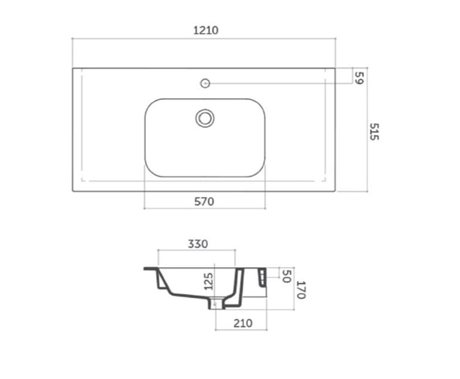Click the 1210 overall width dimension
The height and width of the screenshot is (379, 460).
(204, 31)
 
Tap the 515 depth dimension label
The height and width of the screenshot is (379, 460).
(374, 132)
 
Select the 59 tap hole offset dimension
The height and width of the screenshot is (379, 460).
(359, 77)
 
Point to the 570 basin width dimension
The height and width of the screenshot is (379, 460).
(204, 202)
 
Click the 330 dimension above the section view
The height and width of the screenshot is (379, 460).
(198, 244)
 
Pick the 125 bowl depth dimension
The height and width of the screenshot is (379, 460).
(208, 281)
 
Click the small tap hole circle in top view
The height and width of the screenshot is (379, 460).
(204, 83)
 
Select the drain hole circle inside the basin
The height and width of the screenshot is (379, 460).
(205, 118)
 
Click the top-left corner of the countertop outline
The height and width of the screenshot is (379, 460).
(73, 68)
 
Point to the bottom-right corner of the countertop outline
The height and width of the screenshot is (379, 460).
(335, 192)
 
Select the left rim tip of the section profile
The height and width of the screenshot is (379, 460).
(146, 269)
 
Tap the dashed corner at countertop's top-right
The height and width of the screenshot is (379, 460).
(325, 76)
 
